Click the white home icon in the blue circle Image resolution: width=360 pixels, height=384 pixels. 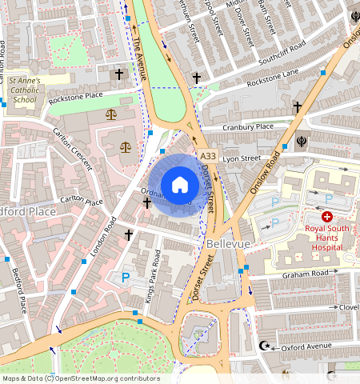click(x=180, y=185)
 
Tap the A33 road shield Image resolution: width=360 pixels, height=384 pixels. click(x=208, y=156)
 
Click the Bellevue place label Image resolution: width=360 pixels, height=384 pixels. click(x=228, y=242)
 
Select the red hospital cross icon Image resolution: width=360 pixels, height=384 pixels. click(x=326, y=217)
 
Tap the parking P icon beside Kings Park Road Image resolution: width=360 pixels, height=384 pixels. click(x=126, y=278)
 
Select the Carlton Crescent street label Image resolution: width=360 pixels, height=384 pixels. click(x=72, y=149)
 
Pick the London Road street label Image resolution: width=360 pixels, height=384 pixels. click(x=104, y=238)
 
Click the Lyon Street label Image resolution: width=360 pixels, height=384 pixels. click(x=242, y=158)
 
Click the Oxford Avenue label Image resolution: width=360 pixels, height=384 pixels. click(x=307, y=346)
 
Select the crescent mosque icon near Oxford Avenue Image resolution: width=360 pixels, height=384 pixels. click(x=266, y=347)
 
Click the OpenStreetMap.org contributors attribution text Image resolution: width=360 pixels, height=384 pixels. click(x=104, y=378)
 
